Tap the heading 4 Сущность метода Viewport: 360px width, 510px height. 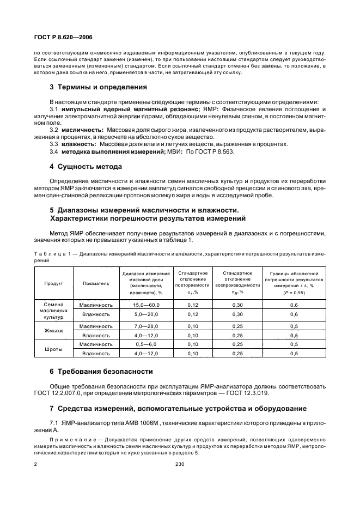86,166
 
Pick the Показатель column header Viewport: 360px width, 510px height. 96,283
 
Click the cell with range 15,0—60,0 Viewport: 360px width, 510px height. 145,305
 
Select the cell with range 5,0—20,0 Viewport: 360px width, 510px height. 145,314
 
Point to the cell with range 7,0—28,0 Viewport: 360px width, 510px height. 145,326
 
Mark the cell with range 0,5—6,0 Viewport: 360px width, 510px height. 145,344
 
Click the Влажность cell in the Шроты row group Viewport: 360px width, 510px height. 96,354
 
